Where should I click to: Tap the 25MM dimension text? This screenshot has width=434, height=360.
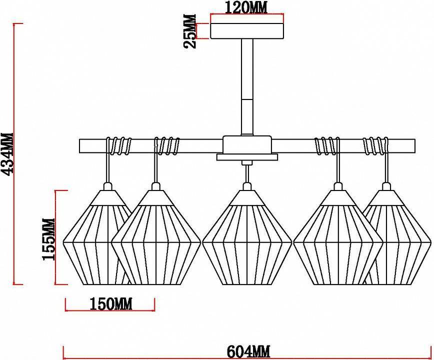point(190,31)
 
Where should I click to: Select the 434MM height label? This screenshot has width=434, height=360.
point(7,154)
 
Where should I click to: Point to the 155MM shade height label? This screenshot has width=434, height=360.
point(48,239)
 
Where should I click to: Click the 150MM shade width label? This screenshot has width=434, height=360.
point(110,303)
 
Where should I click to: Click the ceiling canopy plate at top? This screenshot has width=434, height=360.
point(247,31)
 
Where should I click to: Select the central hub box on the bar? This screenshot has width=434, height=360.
point(247,145)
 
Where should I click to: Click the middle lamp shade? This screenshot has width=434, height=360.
point(247,240)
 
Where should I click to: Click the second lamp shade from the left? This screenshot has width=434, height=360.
point(156,240)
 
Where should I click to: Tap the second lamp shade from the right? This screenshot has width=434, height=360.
point(338,240)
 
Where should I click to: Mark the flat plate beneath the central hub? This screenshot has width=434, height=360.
point(247,157)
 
